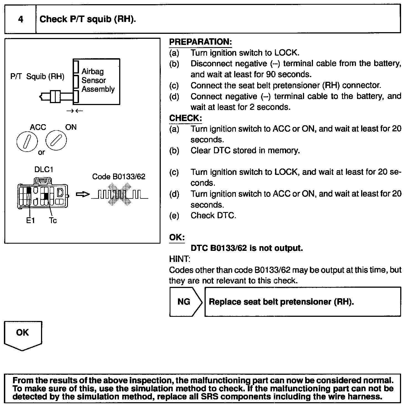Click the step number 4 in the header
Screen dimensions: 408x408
[x=21, y=19]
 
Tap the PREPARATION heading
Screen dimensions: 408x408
[x=200, y=42]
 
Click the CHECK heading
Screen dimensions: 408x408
[x=185, y=118]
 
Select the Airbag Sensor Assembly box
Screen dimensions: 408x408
[x=96, y=81]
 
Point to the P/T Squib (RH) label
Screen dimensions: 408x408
[x=37, y=76]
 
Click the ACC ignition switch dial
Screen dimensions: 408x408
[x=27, y=141]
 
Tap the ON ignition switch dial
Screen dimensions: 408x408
[x=56, y=141]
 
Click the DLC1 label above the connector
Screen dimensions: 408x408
[x=44, y=170]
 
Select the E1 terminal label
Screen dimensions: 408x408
[x=30, y=221]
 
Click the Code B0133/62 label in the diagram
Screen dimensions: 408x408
[x=119, y=177]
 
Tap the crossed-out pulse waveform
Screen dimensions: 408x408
[x=119, y=195]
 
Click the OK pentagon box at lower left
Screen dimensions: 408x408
[x=23, y=334]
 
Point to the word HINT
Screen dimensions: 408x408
[x=179, y=259]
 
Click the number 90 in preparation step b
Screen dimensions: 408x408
[x=271, y=75]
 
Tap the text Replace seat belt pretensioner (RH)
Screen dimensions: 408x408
[x=281, y=302]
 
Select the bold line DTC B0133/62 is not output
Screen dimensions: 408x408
[x=247, y=248]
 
